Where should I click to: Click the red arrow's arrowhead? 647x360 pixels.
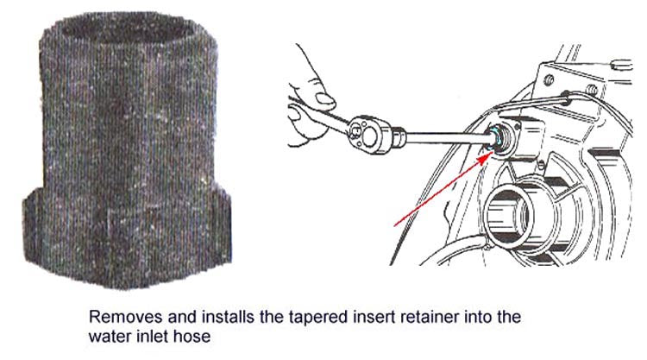click(x=488, y=156)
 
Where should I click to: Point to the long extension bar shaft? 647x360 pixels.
click(x=446, y=136)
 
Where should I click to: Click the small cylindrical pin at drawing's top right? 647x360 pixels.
click(x=621, y=65)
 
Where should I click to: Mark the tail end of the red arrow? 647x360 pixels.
click(x=395, y=225)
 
